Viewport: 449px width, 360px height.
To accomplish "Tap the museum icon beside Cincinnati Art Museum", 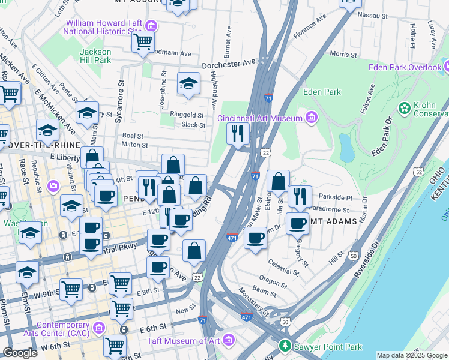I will point(311,117).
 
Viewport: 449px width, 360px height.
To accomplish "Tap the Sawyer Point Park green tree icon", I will point(285,346).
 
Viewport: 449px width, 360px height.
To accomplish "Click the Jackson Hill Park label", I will point(95,56).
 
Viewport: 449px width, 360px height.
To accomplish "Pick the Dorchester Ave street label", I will point(229,63).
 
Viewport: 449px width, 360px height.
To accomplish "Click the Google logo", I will point(20,353).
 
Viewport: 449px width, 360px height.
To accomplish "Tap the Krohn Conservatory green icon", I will point(405,108).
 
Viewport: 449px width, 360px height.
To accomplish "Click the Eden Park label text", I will point(322,92).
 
